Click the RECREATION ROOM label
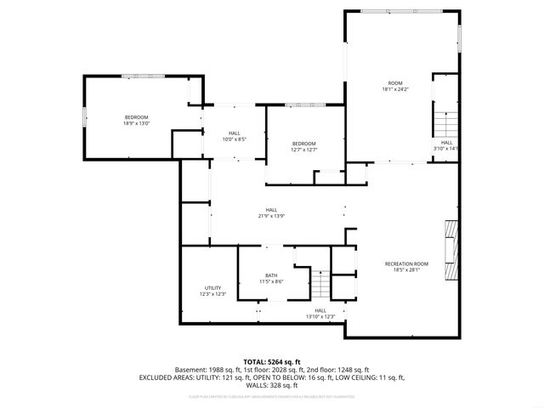(406, 264)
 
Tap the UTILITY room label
(213, 288)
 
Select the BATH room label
(271, 275)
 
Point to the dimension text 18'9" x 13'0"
(137, 123)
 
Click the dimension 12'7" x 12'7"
(304, 150)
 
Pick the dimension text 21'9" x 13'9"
(271, 216)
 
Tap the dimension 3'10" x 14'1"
(446, 149)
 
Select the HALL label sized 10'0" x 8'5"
(234, 133)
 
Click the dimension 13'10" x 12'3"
(320, 317)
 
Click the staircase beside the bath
(320, 282)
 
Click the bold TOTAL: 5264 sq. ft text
(272, 361)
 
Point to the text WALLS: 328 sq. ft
(272, 385)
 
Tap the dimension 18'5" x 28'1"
(406, 270)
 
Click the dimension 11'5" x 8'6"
(271, 281)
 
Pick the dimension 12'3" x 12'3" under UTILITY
(213, 294)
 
